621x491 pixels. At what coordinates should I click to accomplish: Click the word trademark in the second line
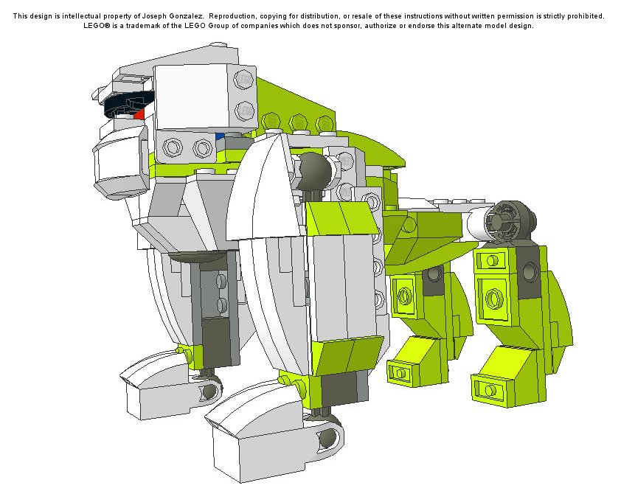click(154, 26)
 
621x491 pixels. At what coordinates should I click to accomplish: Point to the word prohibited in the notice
click(586, 16)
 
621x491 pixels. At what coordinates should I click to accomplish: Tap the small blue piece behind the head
click(220, 136)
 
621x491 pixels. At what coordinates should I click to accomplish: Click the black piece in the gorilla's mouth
click(127, 103)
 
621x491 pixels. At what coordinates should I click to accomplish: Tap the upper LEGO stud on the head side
click(243, 80)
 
